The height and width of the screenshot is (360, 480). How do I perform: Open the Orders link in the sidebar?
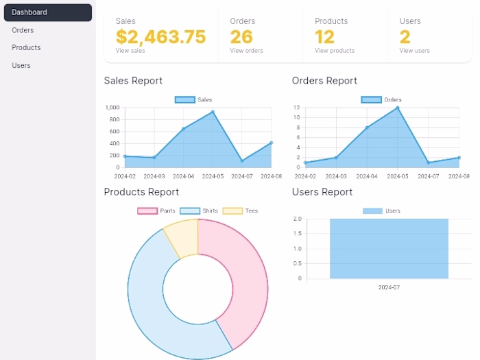click(23, 30)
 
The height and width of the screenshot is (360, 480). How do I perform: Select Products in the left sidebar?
click(26, 47)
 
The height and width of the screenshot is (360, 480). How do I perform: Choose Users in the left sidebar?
click(21, 65)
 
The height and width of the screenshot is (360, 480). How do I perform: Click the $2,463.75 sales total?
click(160, 36)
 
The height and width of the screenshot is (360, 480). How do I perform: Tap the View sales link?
click(130, 51)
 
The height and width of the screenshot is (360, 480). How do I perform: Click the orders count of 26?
click(241, 36)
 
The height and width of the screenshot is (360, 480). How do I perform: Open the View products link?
click(335, 51)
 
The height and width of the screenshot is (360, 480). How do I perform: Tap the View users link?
click(414, 51)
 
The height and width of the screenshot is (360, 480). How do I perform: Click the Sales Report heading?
click(133, 80)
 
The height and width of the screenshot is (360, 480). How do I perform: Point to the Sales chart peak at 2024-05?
click(213, 112)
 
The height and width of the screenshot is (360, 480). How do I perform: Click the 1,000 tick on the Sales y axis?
click(112, 108)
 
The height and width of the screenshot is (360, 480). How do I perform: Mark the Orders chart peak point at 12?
click(397, 108)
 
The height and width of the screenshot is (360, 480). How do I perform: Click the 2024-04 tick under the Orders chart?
click(367, 176)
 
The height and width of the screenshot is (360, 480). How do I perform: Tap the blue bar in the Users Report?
click(389, 248)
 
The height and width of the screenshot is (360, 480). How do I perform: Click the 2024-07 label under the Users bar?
click(389, 287)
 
